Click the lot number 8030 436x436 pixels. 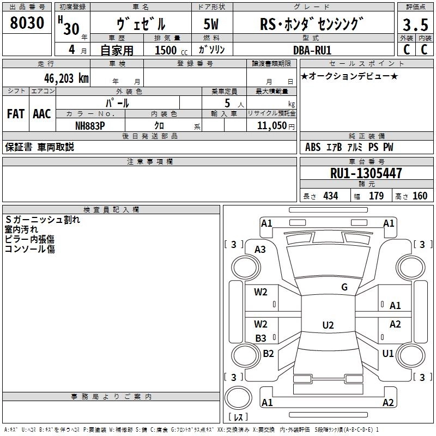[x=27, y=24]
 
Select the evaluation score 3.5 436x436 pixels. [x=414, y=25]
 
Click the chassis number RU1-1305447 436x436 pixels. [x=366, y=174]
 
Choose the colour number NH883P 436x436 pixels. [x=90, y=125]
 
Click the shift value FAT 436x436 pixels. [x=16, y=114]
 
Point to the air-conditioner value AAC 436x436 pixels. [x=42, y=114]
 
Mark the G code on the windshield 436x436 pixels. [x=344, y=287]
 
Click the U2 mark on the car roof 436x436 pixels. [x=328, y=325]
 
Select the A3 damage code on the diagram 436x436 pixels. [x=260, y=250]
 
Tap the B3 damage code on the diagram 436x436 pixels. [x=261, y=338]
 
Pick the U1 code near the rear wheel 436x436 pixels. [x=388, y=354]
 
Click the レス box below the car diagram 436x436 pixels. [x=238, y=417]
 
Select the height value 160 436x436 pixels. [x=420, y=196]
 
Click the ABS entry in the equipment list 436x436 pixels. [x=313, y=147]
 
